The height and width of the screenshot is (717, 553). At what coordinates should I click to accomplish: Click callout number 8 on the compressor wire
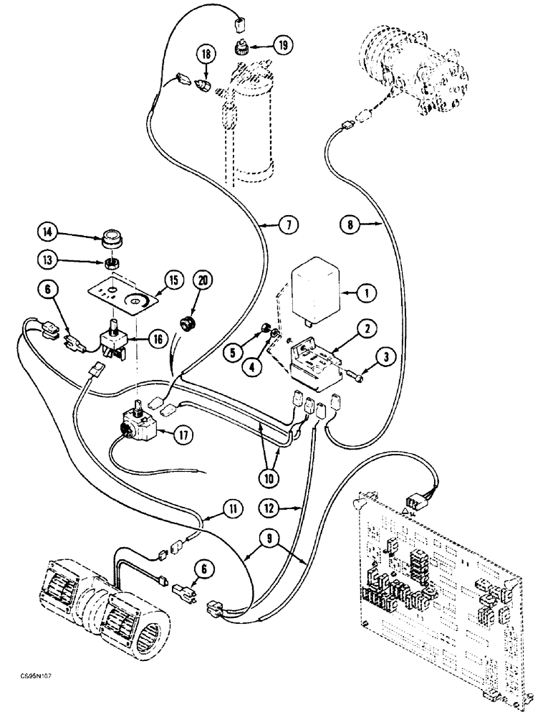tap(349, 226)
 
